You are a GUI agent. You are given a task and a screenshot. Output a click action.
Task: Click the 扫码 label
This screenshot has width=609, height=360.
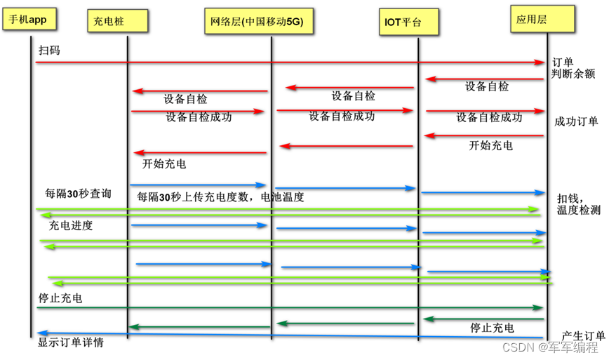50,51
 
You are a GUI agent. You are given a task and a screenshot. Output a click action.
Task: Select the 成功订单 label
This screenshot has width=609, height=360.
576,121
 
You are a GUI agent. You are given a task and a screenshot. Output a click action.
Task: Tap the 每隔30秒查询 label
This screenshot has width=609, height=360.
78,193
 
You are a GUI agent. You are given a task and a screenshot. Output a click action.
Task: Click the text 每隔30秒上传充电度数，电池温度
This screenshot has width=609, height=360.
221,197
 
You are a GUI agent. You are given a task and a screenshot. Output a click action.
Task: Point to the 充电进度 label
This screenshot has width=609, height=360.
71,226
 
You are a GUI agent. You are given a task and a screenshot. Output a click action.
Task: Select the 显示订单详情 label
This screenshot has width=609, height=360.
72,343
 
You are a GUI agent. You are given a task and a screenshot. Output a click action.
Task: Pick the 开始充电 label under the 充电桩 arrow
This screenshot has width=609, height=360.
164,164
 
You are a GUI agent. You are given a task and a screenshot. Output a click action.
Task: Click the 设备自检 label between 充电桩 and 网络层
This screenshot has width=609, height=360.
185,99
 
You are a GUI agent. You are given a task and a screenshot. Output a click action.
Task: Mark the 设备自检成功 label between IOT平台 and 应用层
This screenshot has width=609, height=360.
489,117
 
